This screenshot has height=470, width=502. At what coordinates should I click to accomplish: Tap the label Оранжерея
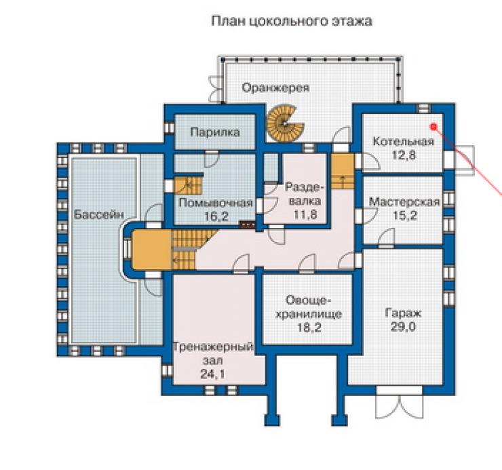(275, 87)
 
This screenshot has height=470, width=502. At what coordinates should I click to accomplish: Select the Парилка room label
(215, 132)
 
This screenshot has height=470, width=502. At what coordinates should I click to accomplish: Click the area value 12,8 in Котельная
(404, 155)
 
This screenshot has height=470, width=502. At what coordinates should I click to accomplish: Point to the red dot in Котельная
(433, 127)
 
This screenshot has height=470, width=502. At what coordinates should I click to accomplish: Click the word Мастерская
(404, 202)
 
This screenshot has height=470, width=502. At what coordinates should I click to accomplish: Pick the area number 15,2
(405, 216)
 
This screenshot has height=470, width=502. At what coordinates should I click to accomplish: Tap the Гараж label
(403, 313)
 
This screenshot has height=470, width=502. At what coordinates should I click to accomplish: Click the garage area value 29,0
(403, 327)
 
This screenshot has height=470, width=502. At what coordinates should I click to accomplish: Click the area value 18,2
(309, 328)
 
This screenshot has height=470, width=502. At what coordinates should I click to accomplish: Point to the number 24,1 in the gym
(212, 374)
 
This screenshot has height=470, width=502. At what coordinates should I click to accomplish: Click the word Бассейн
(99, 214)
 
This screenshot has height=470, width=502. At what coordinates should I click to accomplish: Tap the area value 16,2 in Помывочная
(216, 216)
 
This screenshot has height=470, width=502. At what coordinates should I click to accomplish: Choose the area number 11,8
(305, 214)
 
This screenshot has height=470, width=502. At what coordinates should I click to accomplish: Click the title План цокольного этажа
(292, 21)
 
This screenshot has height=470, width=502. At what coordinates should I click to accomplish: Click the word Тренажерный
(213, 347)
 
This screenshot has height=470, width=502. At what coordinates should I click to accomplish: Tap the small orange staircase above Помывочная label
(188, 185)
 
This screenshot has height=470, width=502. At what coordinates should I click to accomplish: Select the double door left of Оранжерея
(216, 89)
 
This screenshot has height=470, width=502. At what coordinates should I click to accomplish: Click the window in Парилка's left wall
(170, 128)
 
